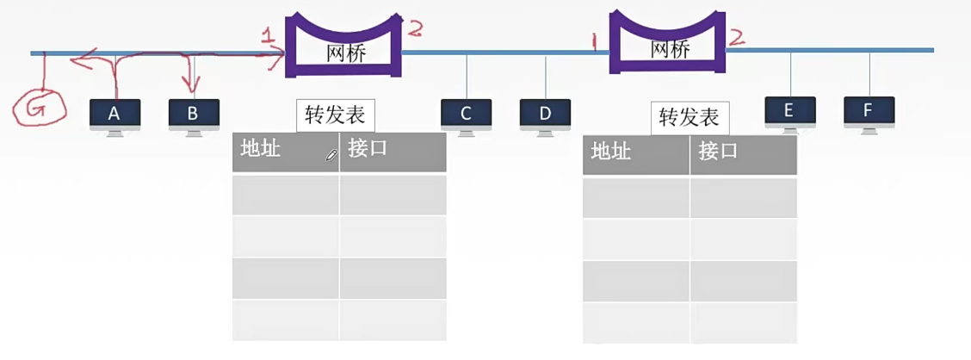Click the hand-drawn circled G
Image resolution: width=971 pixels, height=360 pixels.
(39, 108)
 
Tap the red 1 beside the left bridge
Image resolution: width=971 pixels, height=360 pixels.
(270, 37)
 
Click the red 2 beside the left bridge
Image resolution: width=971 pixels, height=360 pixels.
(414, 29)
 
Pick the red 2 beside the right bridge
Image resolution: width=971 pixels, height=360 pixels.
(737, 36)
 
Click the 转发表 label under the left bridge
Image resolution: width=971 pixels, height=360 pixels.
(336, 115)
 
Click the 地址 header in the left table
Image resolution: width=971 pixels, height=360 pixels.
(260, 149)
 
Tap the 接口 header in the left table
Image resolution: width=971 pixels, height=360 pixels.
(368, 149)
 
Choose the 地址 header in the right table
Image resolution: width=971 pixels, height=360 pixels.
(610, 153)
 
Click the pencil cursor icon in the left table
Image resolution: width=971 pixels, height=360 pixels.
(331, 156)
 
